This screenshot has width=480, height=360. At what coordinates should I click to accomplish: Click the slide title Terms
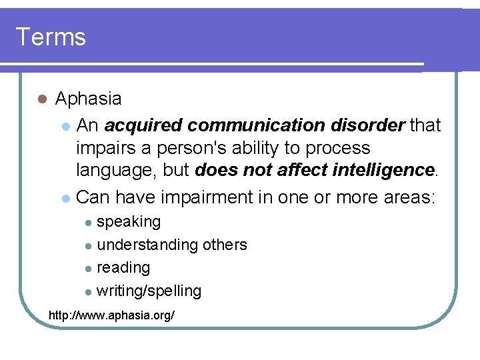coord(51,37)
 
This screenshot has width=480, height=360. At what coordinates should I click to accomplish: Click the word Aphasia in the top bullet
coord(88,99)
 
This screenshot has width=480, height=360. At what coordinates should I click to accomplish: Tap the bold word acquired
coord(143,125)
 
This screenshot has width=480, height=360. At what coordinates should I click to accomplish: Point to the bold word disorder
coord(371,125)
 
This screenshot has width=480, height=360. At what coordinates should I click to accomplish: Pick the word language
coord(117,171)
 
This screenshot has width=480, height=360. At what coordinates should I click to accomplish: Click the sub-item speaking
coord(129,222)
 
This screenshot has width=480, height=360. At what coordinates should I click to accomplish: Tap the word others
coord(225,245)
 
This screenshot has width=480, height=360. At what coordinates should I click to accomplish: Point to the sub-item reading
coord(123,268)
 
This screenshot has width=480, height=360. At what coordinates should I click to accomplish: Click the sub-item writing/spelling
coord(149,291)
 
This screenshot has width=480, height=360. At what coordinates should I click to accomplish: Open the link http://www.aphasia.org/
coord(112,314)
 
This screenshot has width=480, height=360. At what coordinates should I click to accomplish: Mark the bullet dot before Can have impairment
coord(65,198)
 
